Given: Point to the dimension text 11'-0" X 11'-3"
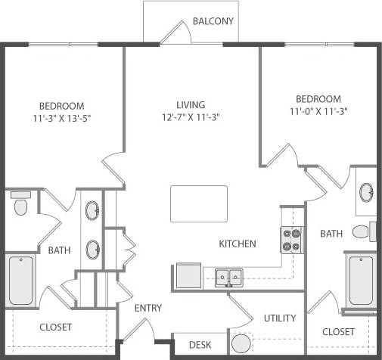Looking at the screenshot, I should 318,111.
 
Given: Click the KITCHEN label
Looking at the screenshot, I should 238,244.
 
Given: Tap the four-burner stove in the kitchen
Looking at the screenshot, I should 291,240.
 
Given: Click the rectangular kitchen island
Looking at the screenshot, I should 199,203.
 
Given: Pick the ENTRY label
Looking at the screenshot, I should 148,308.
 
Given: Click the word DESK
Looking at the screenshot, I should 200,345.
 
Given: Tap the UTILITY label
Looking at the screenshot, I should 280,318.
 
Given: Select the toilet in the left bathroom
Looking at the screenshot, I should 20,204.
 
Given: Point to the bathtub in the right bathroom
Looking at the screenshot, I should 360,281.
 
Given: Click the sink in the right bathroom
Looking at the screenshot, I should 367,191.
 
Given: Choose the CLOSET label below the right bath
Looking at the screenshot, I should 338,331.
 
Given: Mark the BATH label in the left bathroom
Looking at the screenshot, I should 59,250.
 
